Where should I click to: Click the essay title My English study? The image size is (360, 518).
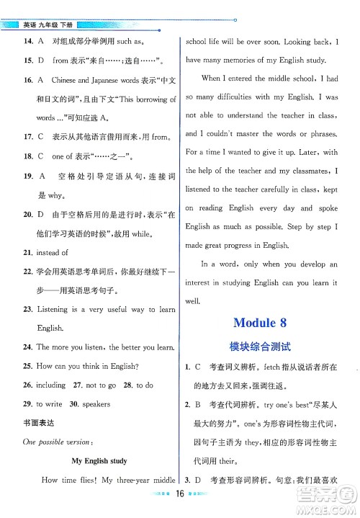pos(99,460)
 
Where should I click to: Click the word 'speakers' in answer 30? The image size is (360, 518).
pos(96,404)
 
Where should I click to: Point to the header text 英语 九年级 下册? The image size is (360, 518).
pos(47,24)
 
